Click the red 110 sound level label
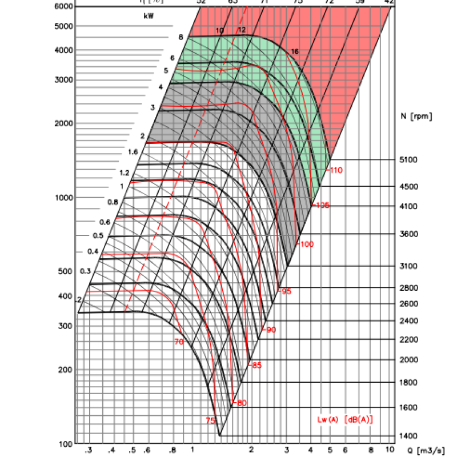pos(335,170)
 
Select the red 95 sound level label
pos(286,291)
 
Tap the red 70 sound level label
pos(179,342)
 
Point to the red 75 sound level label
pos(210,420)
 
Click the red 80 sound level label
pos(241,403)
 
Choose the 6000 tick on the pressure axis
pos(65,6)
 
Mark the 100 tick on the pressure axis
pos(67,444)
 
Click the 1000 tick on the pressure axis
pos(65,198)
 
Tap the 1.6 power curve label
pos(133,152)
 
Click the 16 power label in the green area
pos(295,52)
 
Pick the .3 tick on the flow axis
pos(89,450)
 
